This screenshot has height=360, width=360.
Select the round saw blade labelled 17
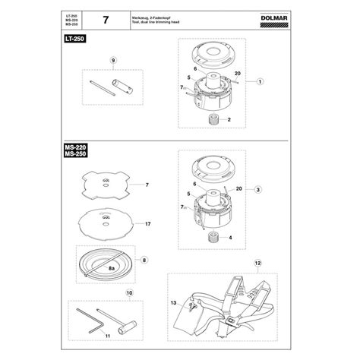pyautogui.click(x=106, y=224)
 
